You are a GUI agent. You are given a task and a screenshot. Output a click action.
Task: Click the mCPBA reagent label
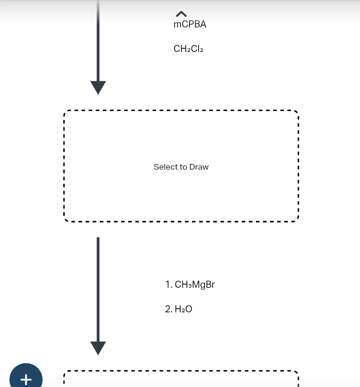click(190, 25)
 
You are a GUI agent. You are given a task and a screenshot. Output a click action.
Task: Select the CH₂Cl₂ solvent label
click(188, 49)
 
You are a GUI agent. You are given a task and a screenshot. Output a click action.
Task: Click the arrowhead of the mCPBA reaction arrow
click(98, 87)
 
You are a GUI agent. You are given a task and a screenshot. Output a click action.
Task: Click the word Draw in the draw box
click(199, 167)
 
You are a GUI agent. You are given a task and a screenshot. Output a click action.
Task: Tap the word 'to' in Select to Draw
click(183, 167)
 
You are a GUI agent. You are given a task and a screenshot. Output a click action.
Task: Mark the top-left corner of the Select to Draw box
click(65, 112)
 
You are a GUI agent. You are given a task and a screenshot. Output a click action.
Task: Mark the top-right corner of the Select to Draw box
click(298, 112)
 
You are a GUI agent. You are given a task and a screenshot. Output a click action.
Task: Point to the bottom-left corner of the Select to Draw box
click(65, 220)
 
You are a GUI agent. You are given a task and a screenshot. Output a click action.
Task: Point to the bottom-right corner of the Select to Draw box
click(298, 220)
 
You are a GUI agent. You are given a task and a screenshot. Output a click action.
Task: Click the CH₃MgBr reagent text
click(195, 284)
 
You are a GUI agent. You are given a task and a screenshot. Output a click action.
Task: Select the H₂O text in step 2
click(184, 310)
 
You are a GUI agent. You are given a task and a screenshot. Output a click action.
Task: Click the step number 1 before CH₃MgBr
click(168, 284)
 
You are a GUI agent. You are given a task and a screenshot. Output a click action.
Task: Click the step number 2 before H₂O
click(168, 310)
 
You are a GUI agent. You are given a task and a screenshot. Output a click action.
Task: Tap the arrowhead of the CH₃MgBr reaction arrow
click(98, 347)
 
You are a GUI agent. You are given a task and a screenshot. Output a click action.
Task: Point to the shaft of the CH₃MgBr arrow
click(98, 288)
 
